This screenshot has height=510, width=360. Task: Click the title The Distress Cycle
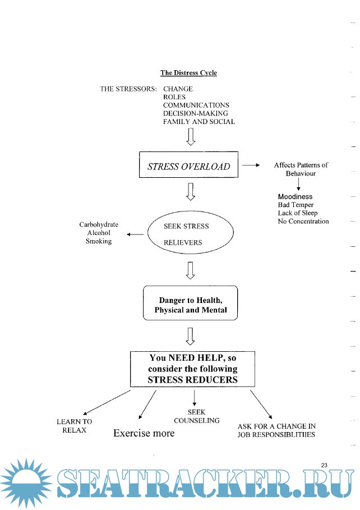[188, 73]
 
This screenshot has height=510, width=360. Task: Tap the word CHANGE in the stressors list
[178, 89]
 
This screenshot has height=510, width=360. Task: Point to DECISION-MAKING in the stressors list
[196, 113]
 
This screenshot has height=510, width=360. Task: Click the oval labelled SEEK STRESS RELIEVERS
[190, 235]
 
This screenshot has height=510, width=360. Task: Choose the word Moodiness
[295, 197]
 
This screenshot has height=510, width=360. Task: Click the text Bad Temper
[296, 205]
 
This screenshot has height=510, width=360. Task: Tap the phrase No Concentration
[303, 221]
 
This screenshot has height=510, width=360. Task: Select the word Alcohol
[99, 233]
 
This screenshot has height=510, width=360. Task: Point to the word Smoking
[99, 241]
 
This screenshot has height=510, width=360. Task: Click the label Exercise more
[144, 433]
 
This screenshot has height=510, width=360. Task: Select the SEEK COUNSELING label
[196, 416]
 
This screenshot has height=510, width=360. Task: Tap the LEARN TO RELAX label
[74, 426]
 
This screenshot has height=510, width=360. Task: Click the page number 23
[325, 465]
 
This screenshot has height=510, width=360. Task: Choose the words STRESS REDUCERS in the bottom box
[192, 380]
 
